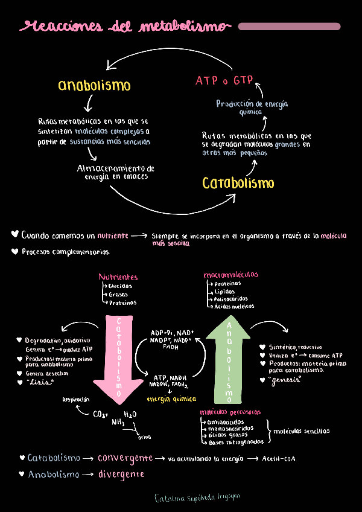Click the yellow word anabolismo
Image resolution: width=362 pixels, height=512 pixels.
(x=94, y=85)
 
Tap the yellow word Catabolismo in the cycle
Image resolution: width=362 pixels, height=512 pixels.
(x=238, y=182)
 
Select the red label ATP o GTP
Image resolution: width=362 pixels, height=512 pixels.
(x=224, y=80)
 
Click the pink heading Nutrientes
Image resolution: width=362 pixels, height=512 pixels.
(x=118, y=277)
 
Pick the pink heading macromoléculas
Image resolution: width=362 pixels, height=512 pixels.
(x=231, y=275)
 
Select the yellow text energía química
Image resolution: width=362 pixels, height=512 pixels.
(x=171, y=399)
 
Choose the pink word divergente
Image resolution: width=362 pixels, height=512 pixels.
(x=121, y=475)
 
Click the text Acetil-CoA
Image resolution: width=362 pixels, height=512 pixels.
(x=279, y=459)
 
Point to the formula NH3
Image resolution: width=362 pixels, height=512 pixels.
(x=118, y=423)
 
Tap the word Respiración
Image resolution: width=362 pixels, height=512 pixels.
(x=76, y=399)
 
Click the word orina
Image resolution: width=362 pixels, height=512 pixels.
(x=145, y=437)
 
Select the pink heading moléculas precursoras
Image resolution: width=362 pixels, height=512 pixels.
(x=230, y=412)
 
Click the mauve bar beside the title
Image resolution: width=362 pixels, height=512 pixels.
(x=289, y=27)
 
